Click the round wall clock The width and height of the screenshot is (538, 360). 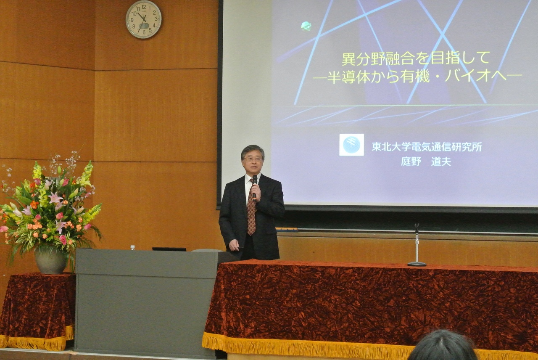(x=144, y=20)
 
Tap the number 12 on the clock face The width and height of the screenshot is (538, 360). (x=144, y=7)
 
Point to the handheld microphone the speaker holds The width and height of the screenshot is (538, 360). (x=255, y=188)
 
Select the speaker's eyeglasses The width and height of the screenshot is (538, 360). (x=253, y=159)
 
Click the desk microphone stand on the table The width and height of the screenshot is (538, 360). (x=417, y=245)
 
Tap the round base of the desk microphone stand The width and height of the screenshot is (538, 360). (x=417, y=264)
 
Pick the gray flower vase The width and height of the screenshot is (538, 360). (x=51, y=260)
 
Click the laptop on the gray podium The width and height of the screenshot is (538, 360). (x=169, y=249)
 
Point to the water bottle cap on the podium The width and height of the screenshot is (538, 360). (x=132, y=246)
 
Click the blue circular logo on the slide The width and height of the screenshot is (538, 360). (x=351, y=145)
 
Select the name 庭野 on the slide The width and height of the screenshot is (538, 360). (x=411, y=161)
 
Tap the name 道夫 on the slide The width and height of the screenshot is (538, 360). (x=441, y=161)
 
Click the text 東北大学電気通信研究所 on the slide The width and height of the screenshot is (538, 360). (x=427, y=147)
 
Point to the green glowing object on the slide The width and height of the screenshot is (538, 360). (x=306, y=26)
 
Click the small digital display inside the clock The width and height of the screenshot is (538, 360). (x=144, y=26)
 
